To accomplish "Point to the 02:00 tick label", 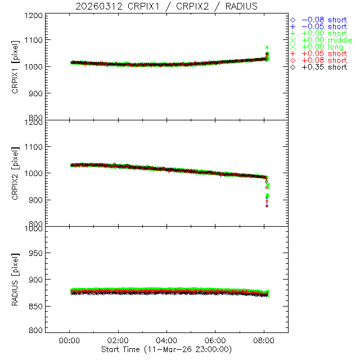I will pos(118,340).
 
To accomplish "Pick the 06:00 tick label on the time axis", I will pos(215,340).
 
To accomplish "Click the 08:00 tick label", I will pos(264,340).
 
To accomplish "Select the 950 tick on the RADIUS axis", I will pos(37,253).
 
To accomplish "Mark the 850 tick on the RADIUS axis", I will pos(37,305).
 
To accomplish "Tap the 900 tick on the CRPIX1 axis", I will pos(37,93).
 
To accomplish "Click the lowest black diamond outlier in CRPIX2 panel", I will pos(267,206).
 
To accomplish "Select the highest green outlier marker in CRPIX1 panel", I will pos(267,47).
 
